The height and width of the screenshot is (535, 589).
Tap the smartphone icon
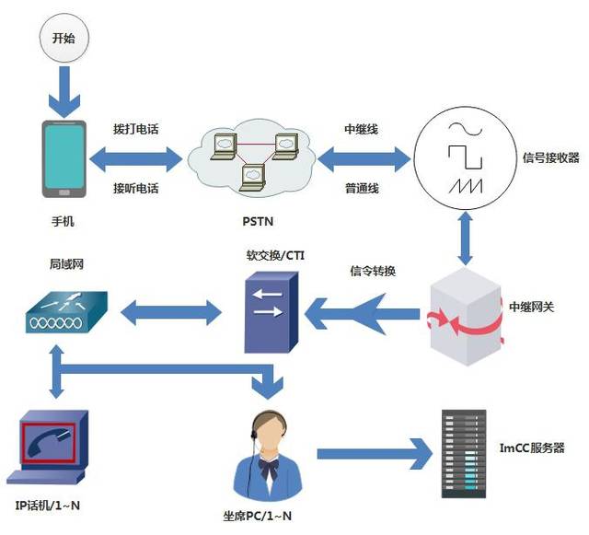click(64, 158)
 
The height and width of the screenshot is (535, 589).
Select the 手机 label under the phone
click(63, 221)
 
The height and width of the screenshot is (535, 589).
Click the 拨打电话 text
click(136, 129)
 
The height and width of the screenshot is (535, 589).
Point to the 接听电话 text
click(136, 188)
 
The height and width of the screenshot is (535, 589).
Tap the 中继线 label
click(362, 129)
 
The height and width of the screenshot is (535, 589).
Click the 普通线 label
click(362, 188)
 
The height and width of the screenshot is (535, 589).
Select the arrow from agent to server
click(374, 453)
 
